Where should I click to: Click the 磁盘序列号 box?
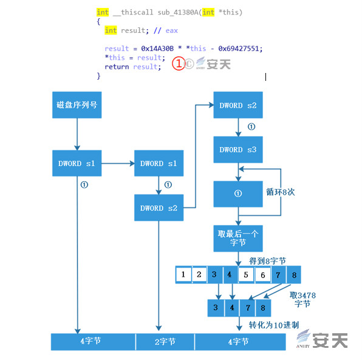(x=77, y=105)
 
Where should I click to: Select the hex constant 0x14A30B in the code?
(x=157, y=49)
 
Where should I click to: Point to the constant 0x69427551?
(x=241, y=49)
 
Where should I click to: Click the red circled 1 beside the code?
(x=179, y=64)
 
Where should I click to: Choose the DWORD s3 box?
(x=238, y=150)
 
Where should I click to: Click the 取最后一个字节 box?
(x=238, y=238)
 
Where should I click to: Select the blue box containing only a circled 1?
(x=238, y=194)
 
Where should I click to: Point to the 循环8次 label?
(x=280, y=192)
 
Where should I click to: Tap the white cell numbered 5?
(x=246, y=275)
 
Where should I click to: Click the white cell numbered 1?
(x=183, y=275)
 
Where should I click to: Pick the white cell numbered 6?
(x=263, y=275)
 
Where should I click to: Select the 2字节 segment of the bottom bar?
(x=165, y=342)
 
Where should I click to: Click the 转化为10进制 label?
(x=274, y=325)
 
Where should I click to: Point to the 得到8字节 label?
(x=267, y=261)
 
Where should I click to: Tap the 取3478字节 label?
(x=302, y=299)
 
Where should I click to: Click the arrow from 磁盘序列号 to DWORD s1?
(x=77, y=134)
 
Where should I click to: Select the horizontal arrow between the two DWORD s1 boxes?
(x=118, y=164)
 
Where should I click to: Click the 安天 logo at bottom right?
(x=322, y=339)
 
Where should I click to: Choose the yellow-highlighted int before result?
(x=111, y=30)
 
